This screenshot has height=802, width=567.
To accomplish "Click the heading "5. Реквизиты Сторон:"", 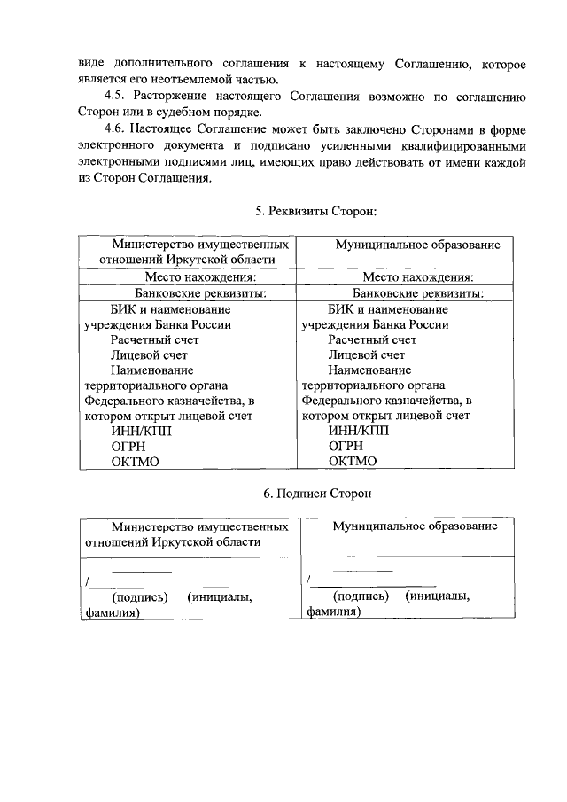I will [x=315, y=212].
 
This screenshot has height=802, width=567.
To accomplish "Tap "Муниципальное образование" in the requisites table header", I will [x=405, y=245].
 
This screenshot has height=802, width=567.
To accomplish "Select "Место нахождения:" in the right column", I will [x=405, y=276].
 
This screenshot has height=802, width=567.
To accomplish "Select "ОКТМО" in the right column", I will [x=353, y=461].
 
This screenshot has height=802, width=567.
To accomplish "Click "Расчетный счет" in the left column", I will [x=156, y=339].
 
